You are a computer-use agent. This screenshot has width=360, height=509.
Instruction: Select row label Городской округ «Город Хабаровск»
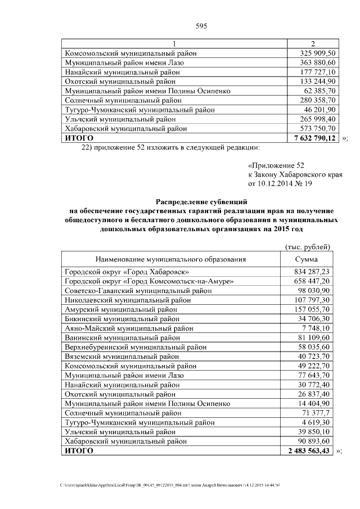(x=131, y=272)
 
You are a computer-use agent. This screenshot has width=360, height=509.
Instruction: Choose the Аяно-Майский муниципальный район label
(x=129, y=328)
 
